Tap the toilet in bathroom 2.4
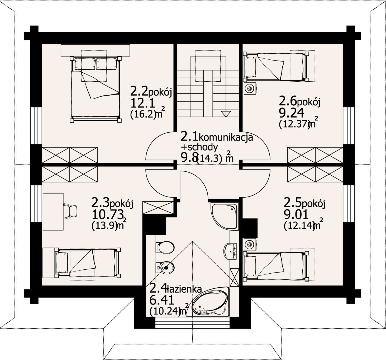[165, 247]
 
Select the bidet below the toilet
[165, 268]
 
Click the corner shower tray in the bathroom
[224, 216]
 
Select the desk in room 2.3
[53, 212]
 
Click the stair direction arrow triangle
[226, 114]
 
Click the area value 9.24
[292, 113]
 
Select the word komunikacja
[226, 138]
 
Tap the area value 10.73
[108, 215]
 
